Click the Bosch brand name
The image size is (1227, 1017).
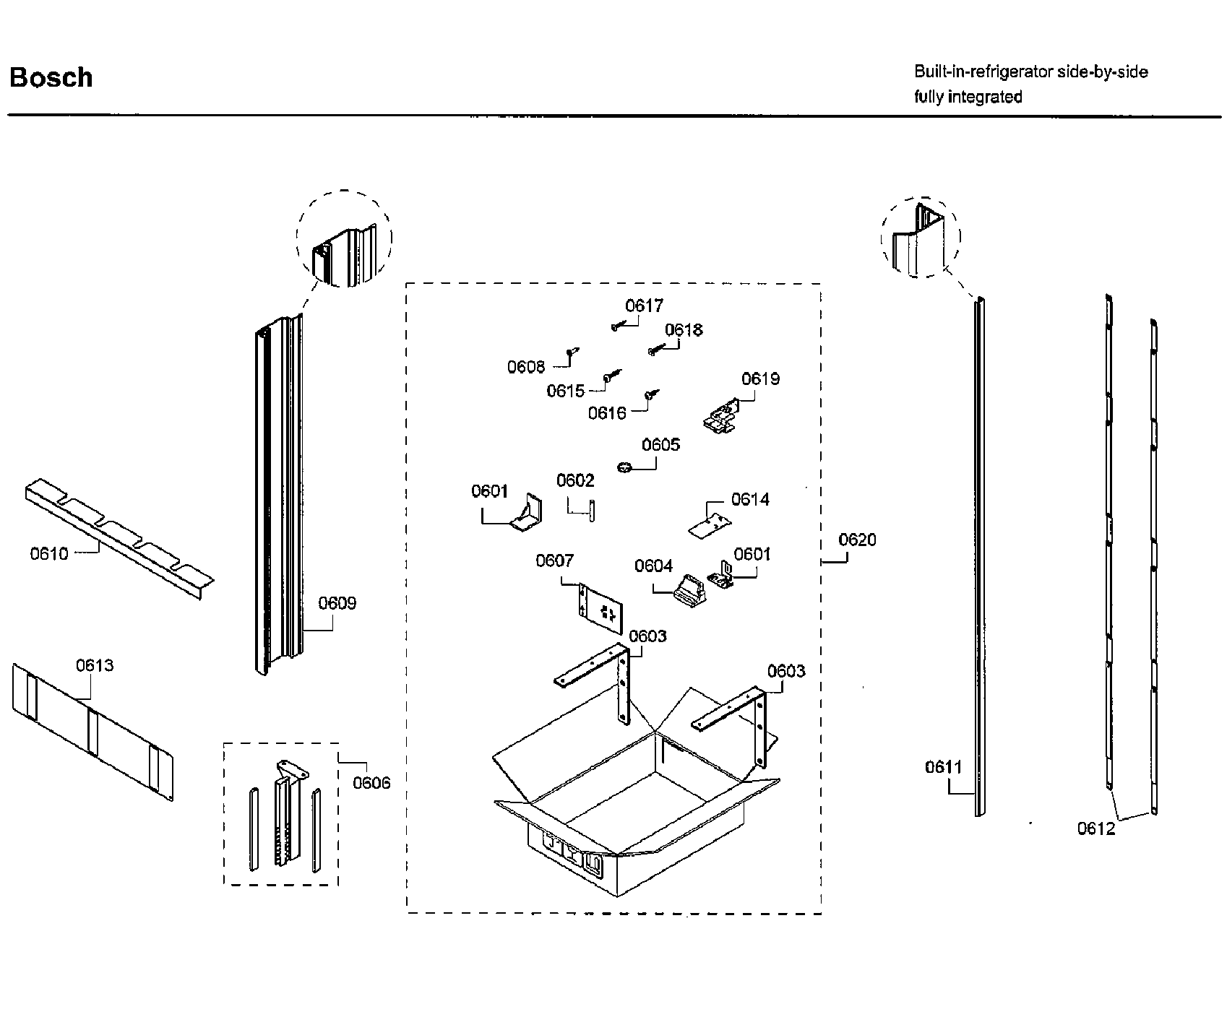pyautogui.click(x=51, y=77)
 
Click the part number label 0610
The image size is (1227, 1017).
pyautogui.click(x=49, y=554)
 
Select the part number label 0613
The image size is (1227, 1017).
pyautogui.click(x=95, y=665)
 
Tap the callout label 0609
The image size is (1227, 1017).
pyautogui.click(x=337, y=603)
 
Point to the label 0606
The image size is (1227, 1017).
pyautogui.click(x=371, y=783)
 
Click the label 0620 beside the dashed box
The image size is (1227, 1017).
pyautogui.click(x=857, y=540)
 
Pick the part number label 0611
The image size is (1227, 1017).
pyautogui.click(x=944, y=767)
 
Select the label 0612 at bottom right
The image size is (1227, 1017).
pyautogui.click(x=1096, y=829)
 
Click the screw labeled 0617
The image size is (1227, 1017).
pyautogui.click(x=616, y=326)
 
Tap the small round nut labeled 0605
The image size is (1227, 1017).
pyautogui.click(x=625, y=468)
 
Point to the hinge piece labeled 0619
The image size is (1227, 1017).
pyautogui.click(x=720, y=420)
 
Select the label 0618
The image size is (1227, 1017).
pyautogui.click(x=684, y=330)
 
